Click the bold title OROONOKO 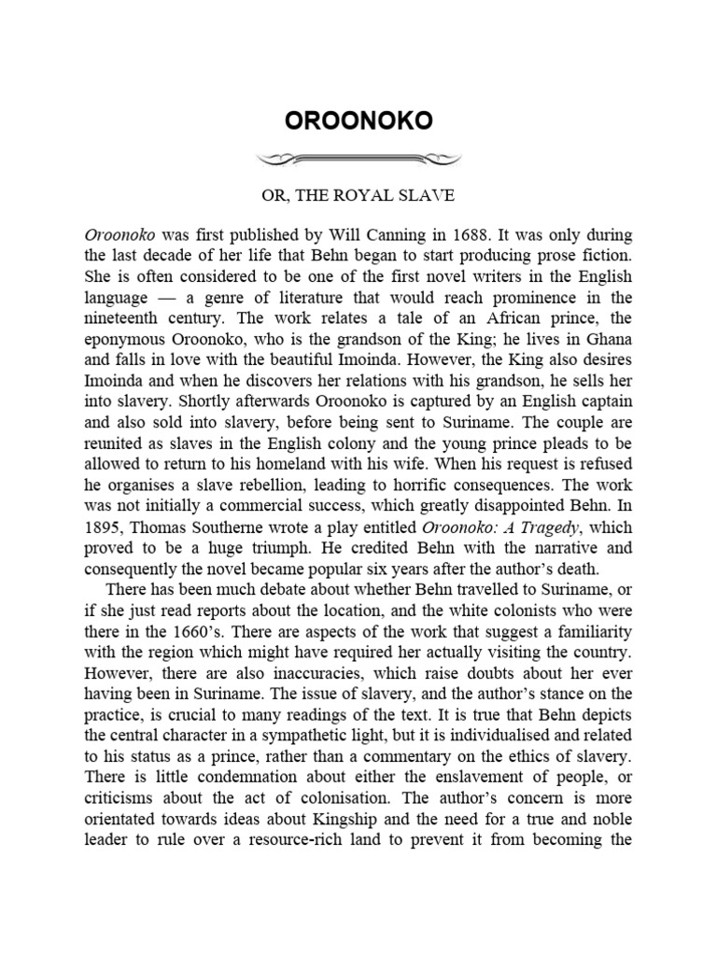coord(358,122)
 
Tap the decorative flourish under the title coord(358,159)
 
